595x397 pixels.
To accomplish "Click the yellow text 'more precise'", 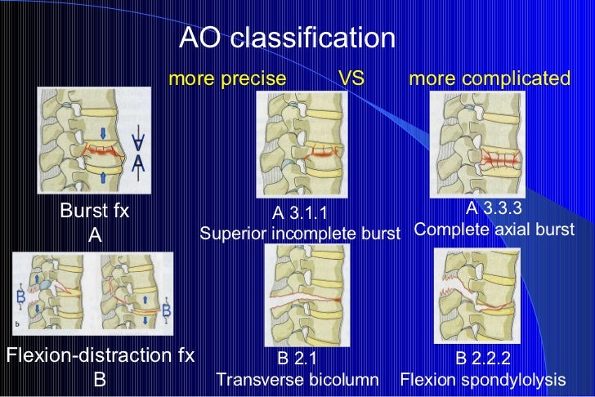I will [227, 78].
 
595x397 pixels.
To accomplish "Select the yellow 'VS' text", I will [351, 78].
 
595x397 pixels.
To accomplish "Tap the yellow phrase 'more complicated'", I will [490, 78].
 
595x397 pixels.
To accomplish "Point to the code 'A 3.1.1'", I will [300, 214].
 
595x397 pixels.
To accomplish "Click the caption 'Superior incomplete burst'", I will [300, 234].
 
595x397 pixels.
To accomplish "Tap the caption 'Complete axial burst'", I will [494, 229].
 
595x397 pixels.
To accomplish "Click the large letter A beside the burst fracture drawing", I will [139, 163].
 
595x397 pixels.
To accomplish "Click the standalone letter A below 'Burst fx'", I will [95, 236].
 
